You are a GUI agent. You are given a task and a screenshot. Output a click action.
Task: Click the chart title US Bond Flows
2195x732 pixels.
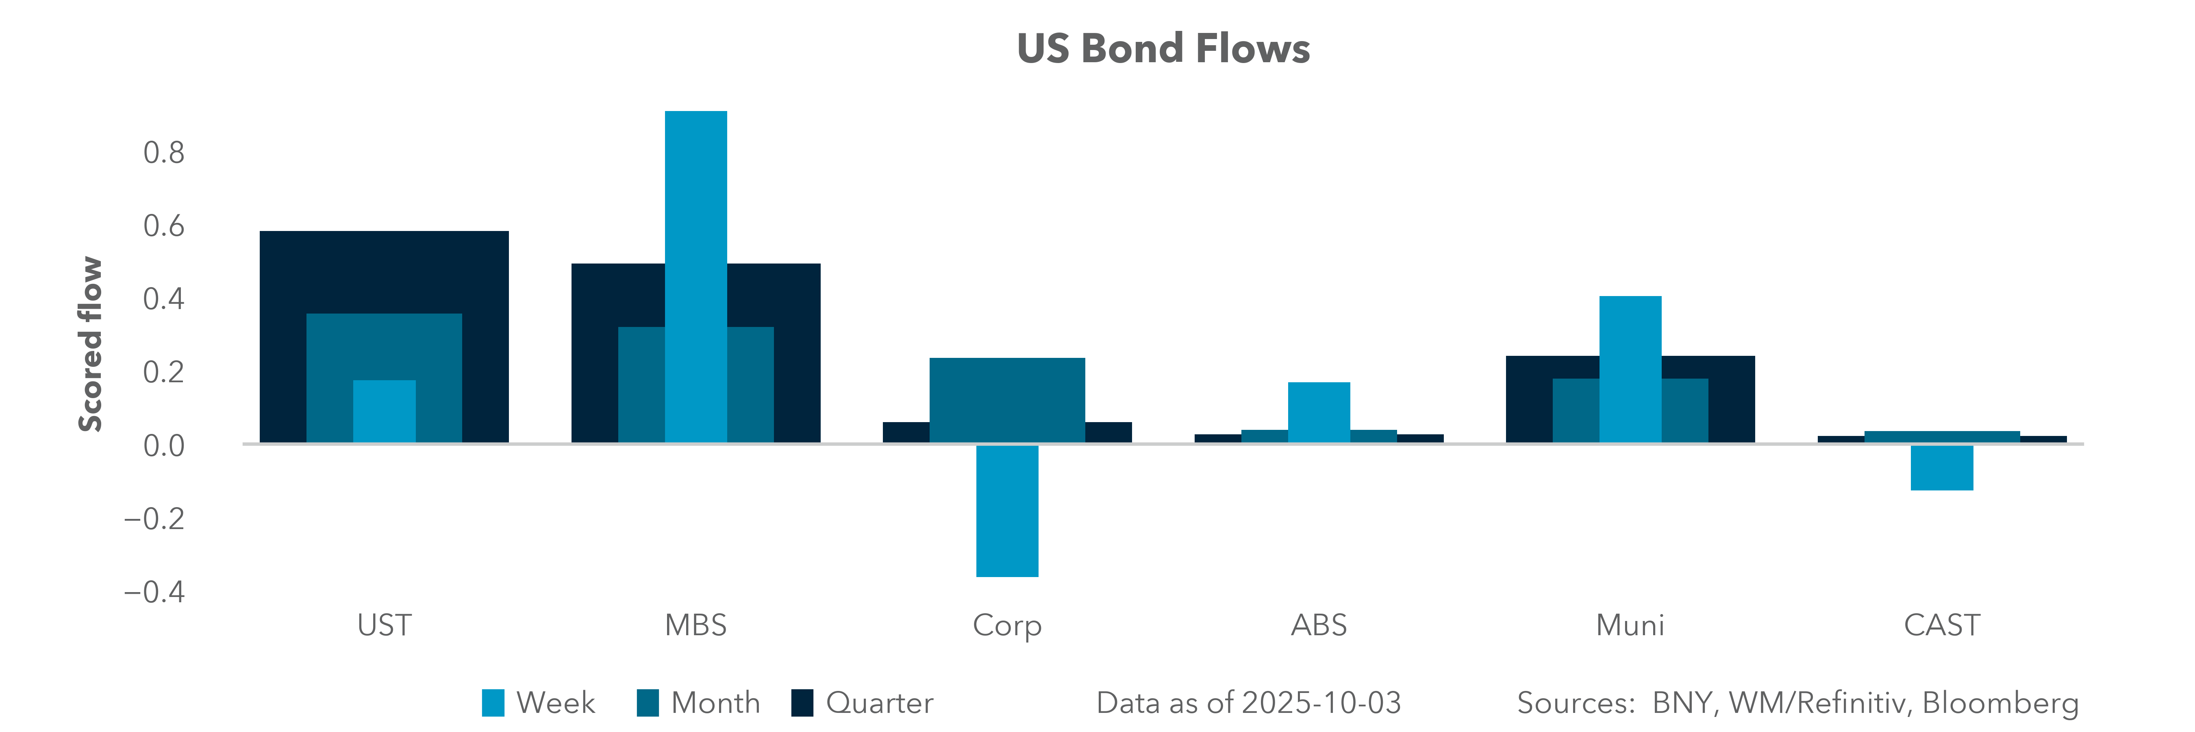[1163, 48]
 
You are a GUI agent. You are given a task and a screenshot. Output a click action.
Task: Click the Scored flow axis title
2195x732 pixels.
[90, 344]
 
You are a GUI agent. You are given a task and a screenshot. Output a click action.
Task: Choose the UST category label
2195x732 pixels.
[384, 625]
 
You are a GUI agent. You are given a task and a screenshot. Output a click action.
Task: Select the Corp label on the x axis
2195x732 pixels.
[1007, 625]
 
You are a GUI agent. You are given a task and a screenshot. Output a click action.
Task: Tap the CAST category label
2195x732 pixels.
[1942, 625]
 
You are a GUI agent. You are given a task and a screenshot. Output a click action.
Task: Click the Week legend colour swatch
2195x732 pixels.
[493, 703]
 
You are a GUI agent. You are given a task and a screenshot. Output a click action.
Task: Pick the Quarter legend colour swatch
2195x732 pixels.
[802, 703]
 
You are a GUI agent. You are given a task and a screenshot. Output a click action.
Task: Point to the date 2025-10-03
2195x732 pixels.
[1321, 703]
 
